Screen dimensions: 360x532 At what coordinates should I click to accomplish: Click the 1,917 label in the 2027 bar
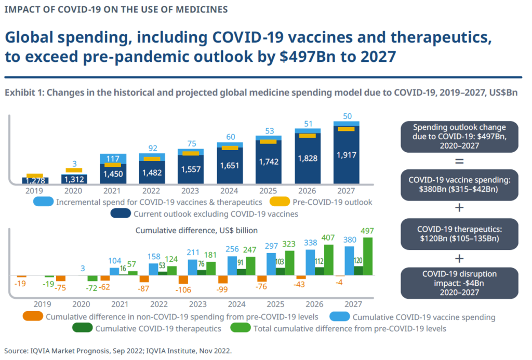[x=347, y=155]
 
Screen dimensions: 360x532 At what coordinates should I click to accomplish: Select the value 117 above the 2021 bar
[x=113, y=158]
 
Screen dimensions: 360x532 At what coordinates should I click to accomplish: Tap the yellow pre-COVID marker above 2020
[x=74, y=170]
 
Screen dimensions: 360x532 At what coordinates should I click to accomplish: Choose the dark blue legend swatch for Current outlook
[x=121, y=214]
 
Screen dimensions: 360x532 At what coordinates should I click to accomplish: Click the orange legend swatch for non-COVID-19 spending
[x=32, y=316]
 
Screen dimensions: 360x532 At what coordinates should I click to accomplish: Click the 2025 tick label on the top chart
[x=269, y=190]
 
